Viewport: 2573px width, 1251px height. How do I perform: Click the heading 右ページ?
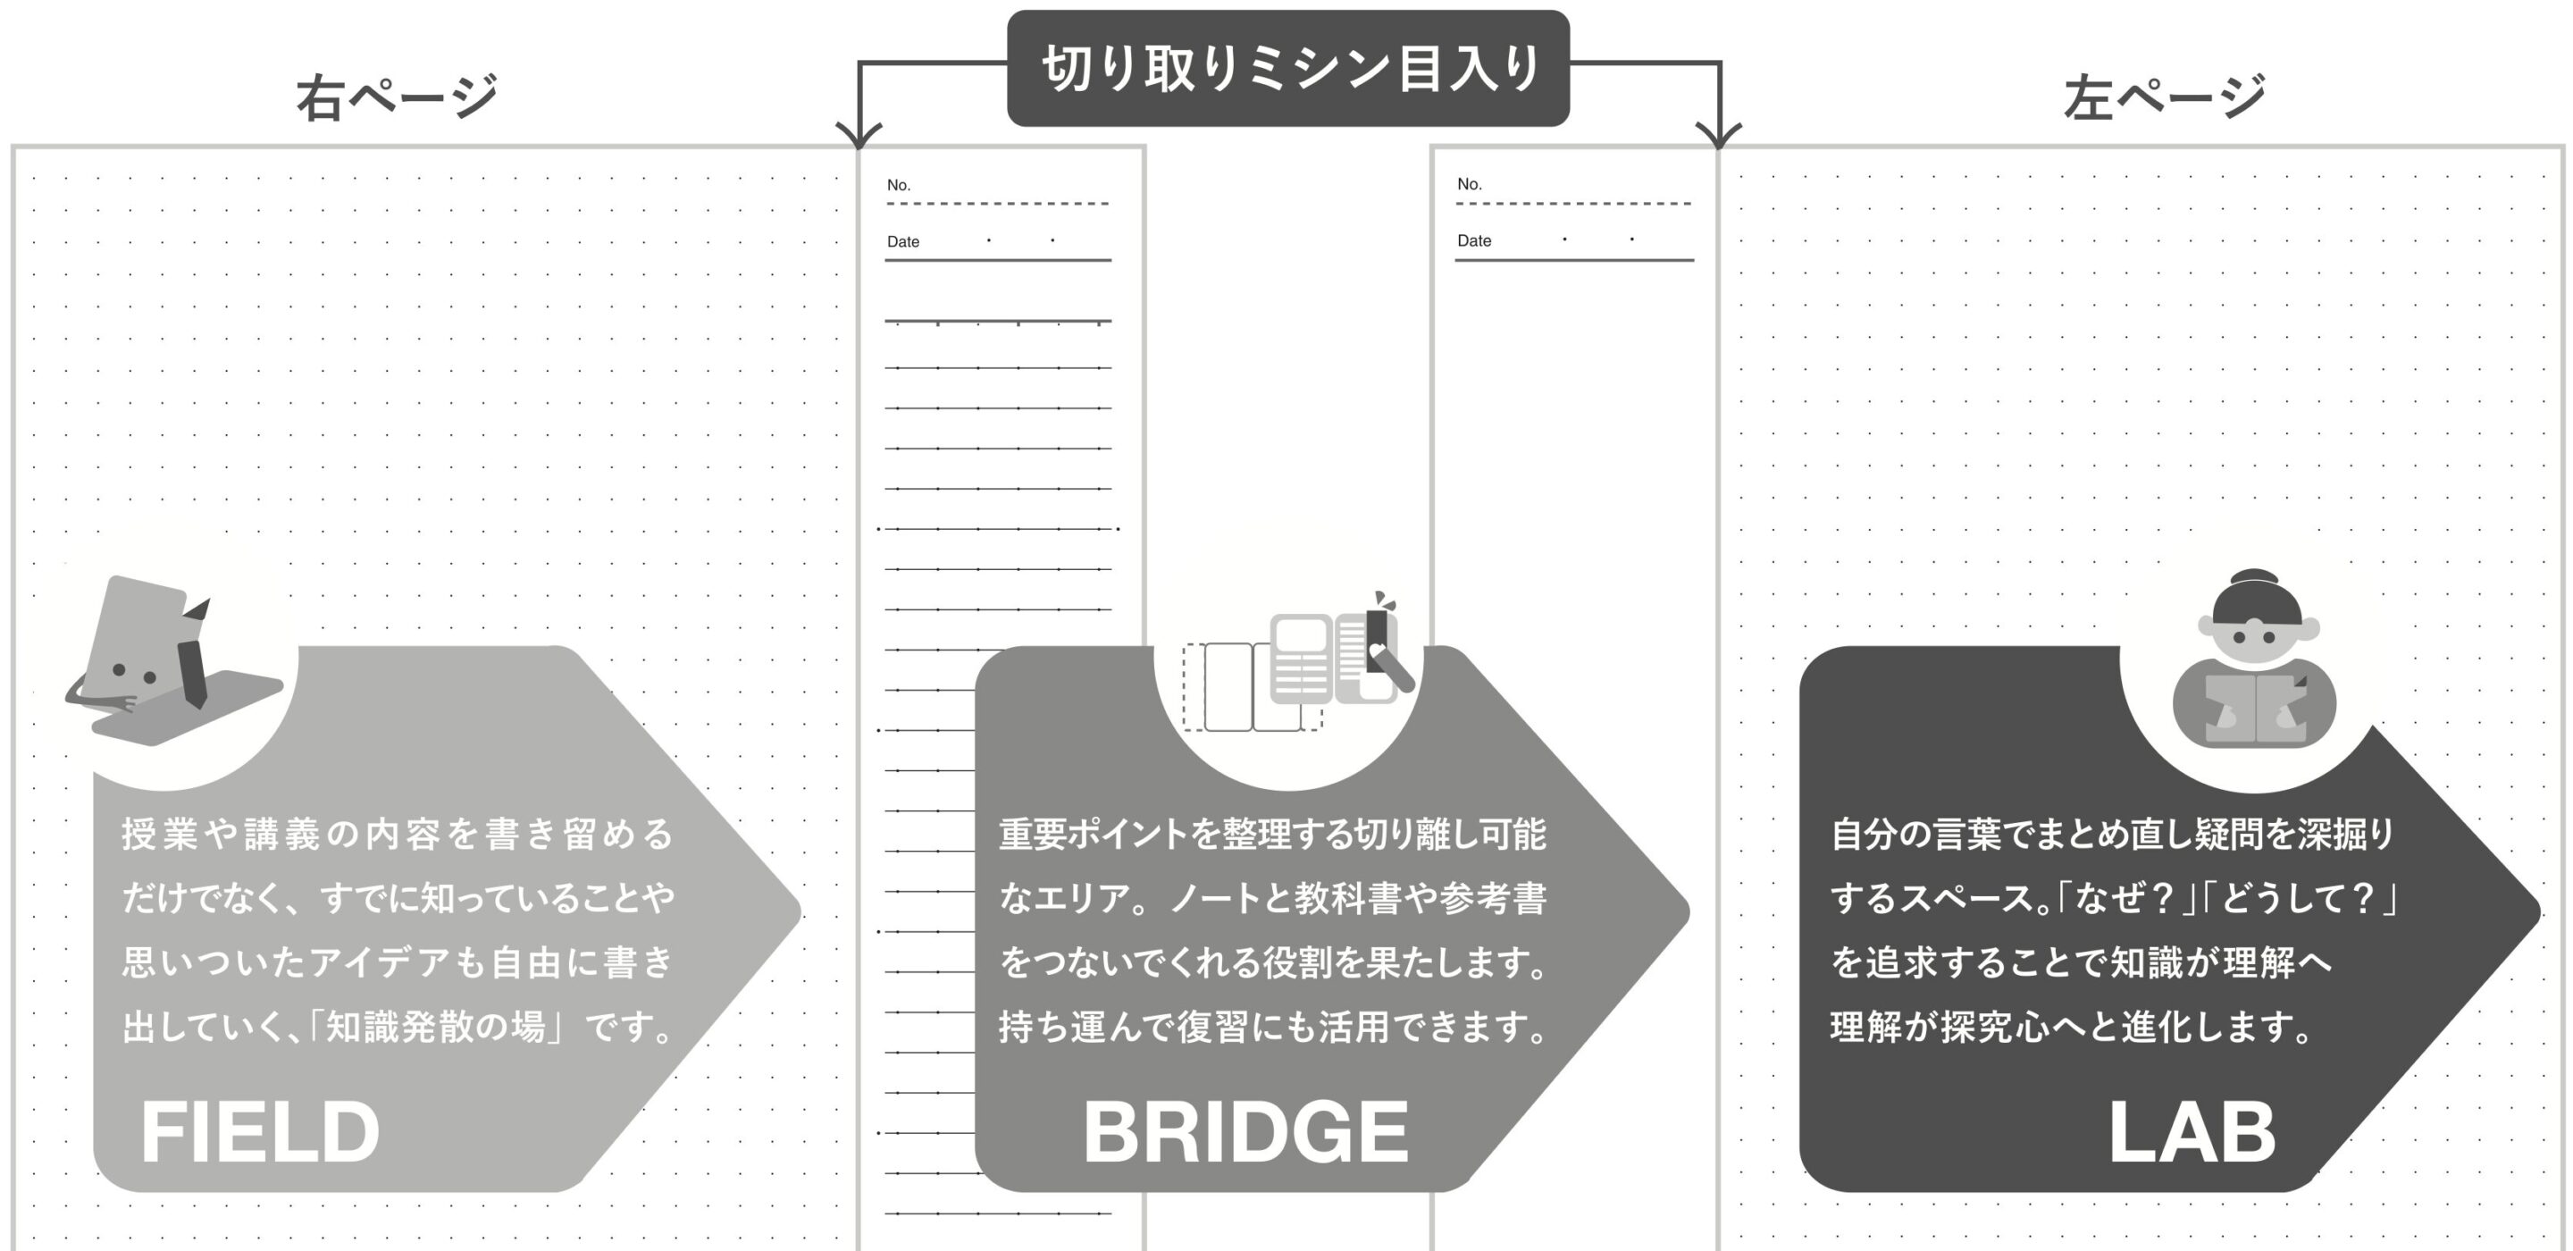tap(397, 97)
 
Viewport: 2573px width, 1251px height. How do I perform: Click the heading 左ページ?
tap(2164, 97)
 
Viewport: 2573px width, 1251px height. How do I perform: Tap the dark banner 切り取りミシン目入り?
tap(1287, 68)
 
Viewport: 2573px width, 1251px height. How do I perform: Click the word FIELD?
tap(260, 1131)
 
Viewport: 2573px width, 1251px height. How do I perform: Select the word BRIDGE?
tap(1245, 1132)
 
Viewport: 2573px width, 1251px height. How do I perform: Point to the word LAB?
tap(2192, 1132)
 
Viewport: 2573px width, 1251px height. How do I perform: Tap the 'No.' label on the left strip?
tap(898, 185)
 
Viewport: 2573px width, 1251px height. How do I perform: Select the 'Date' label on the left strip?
tap(903, 242)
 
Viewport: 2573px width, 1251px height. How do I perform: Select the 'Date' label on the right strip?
tap(1473, 240)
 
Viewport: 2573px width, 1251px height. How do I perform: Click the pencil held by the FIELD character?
tap(194, 659)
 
